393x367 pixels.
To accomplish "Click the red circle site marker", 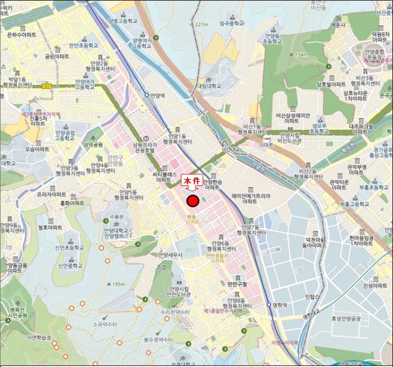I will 193,201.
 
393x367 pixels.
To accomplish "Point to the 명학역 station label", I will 279,306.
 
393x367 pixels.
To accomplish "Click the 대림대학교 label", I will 208,86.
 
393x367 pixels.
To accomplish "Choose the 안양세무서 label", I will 171,255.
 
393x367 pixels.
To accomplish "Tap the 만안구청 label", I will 237,285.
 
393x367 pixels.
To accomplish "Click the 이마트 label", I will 266,145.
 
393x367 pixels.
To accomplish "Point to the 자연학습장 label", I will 39,337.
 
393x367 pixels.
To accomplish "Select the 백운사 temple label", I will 337,25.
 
